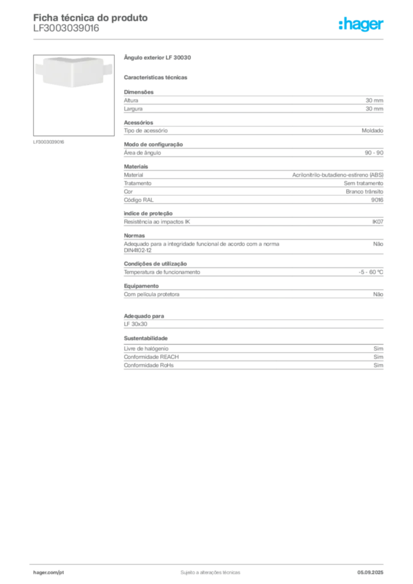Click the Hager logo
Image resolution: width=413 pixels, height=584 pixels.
pyautogui.click(x=361, y=25)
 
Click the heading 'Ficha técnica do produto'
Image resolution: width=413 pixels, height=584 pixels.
pyautogui.click(x=91, y=18)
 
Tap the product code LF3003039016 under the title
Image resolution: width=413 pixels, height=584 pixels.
pyautogui.click(x=66, y=29)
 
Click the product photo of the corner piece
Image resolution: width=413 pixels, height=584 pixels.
pyautogui.click(x=74, y=71)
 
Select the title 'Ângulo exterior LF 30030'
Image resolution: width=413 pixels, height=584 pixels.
pyautogui.click(x=157, y=58)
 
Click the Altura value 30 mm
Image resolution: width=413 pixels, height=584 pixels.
pyautogui.click(x=374, y=100)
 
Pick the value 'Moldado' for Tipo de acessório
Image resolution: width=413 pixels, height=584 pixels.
pyautogui.click(x=372, y=131)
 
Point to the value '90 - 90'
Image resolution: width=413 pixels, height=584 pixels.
pyautogui.click(x=374, y=153)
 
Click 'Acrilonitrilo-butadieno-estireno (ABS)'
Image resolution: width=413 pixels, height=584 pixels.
pyautogui.click(x=338, y=175)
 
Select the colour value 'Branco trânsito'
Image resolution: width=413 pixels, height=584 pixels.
pyautogui.click(x=364, y=192)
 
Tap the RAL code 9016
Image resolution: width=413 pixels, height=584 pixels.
pyautogui.click(x=377, y=200)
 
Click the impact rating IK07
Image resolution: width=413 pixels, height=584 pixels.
pyautogui.click(x=378, y=222)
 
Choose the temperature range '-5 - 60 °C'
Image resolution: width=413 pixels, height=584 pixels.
pyautogui.click(x=371, y=272)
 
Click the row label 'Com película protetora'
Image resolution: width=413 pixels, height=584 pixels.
pyautogui.click(x=152, y=294)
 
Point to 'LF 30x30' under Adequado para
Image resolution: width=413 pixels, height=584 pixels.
pyautogui.click(x=136, y=324)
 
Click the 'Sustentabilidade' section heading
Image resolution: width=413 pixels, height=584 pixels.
pyautogui.click(x=145, y=338)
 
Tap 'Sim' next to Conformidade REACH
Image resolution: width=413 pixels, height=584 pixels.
pyautogui.click(x=378, y=357)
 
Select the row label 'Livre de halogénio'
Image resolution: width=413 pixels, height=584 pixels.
pyautogui.click(x=146, y=348)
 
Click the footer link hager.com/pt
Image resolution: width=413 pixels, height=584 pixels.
pyautogui.click(x=48, y=573)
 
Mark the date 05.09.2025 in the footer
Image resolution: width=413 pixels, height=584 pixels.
pyautogui.click(x=370, y=573)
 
